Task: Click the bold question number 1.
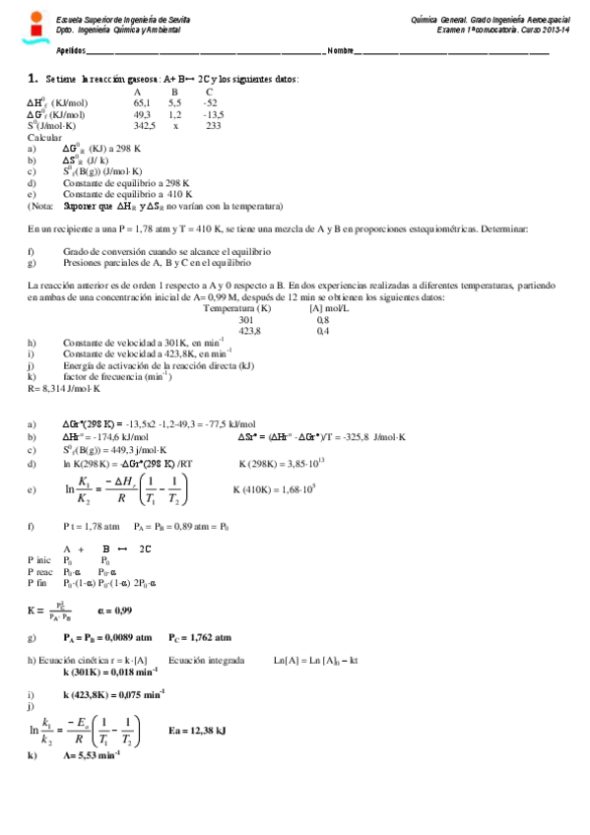tap(33, 78)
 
